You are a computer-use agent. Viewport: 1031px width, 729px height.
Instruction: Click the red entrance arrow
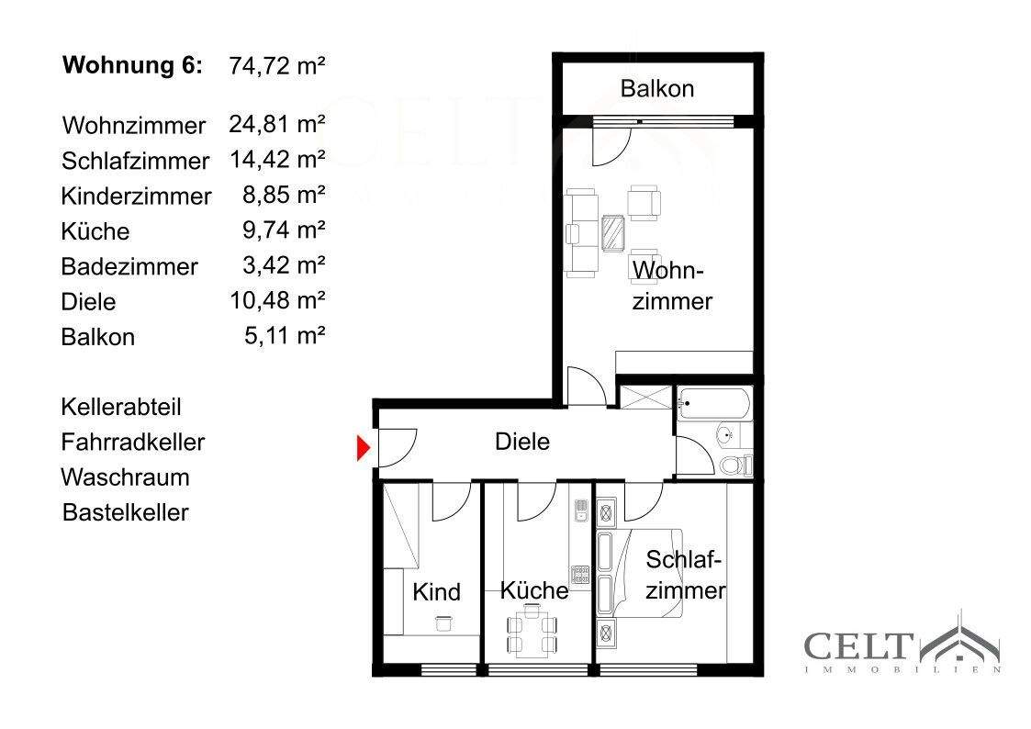click(x=363, y=448)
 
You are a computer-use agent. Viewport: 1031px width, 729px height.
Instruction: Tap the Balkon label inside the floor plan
click(x=656, y=89)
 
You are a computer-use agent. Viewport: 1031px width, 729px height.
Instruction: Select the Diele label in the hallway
click(x=522, y=441)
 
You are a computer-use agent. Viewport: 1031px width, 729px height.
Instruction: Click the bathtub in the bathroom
click(x=713, y=404)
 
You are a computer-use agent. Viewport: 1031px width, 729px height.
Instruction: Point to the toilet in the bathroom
click(x=735, y=465)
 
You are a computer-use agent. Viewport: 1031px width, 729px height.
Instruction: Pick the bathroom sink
click(x=727, y=434)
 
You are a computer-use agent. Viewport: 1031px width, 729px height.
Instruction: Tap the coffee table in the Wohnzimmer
click(x=612, y=232)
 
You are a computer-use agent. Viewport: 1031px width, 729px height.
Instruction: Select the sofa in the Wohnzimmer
click(x=581, y=232)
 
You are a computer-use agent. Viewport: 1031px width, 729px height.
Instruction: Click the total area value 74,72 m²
click(x=277, y=66)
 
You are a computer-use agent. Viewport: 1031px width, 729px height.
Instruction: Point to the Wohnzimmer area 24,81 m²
click(x=277, y=124)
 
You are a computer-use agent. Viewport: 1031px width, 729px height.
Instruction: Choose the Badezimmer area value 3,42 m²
click(x=284, y=265)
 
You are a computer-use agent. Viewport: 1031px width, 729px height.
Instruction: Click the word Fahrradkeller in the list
click(x=133, y=442)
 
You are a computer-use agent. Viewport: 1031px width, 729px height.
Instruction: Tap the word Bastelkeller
click(x=126, y=512)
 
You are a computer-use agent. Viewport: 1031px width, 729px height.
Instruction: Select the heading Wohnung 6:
click(x=133, y=65)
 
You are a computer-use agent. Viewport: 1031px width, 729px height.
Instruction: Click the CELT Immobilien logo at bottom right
click(x=903, y=642)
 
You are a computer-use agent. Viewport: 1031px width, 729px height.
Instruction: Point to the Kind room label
click(x=436, y=591)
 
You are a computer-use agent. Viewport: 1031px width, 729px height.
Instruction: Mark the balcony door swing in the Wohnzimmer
click(x=611, y=146)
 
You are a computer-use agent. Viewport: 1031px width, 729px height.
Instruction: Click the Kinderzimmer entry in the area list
click(x=136, y=196)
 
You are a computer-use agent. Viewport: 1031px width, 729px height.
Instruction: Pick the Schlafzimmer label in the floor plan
click(x=685, y=575)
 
